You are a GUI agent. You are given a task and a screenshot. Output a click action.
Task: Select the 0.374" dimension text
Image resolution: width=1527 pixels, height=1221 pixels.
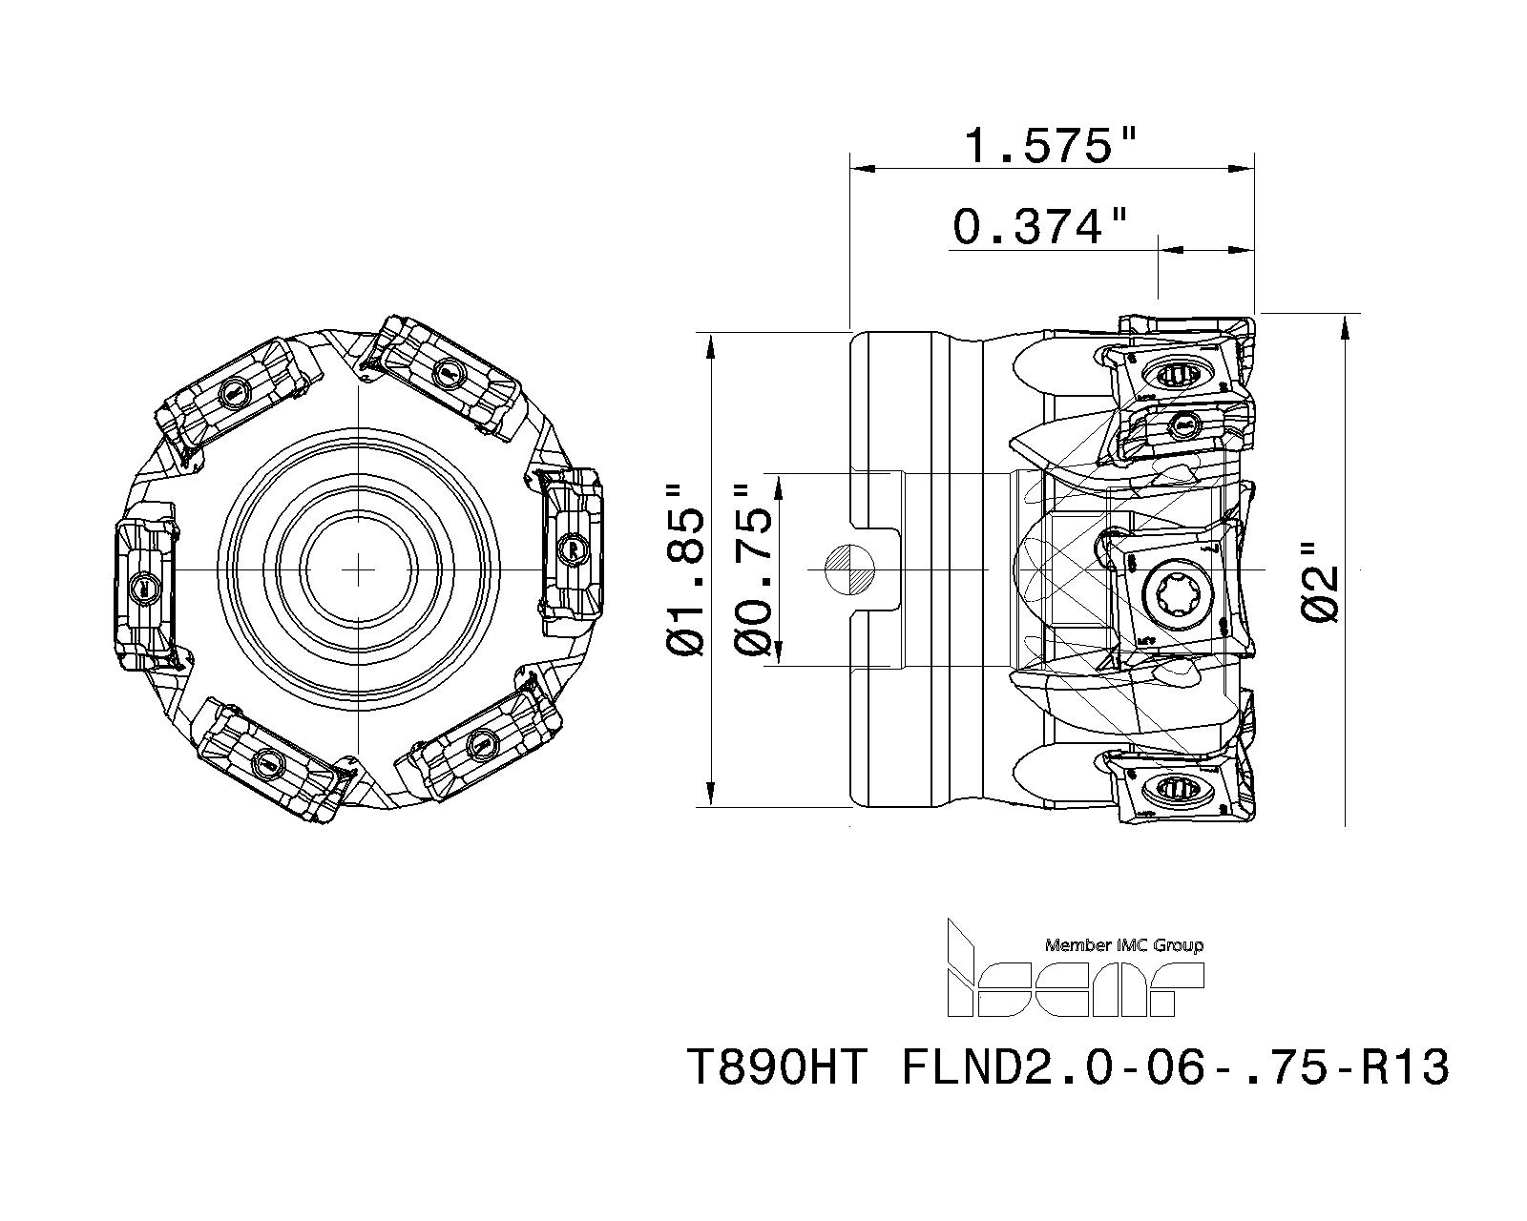pos(1040,227)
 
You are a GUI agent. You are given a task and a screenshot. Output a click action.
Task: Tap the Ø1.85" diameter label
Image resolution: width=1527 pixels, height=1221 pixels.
pos(686,569)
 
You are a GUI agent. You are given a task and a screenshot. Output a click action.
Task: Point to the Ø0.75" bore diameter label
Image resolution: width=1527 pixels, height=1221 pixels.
pos(753,569)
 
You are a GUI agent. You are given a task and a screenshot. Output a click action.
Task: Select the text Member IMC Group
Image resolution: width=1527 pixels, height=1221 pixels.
pos(1124,945)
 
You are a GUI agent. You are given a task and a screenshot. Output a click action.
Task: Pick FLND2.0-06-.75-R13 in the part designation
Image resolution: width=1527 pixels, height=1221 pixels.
pos(1175,1067)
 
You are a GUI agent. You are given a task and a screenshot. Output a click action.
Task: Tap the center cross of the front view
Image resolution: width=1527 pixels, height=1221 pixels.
pos(358,569)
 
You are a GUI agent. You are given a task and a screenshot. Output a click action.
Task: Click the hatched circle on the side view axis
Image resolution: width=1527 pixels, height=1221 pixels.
pos(851,569)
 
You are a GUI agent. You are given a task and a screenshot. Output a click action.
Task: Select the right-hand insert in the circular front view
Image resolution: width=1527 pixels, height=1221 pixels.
pos(572,551)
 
